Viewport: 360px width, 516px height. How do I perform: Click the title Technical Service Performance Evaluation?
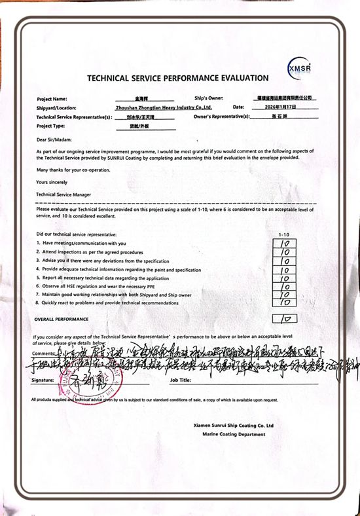click(177, 79)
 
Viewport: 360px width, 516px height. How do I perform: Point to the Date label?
click(238, 106)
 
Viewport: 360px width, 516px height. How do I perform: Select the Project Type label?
click(51, 125)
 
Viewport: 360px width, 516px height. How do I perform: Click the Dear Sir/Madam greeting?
click(54, 139)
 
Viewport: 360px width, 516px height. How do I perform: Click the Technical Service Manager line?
click(63, 194)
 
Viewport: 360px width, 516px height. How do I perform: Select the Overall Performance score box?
click(285, 318)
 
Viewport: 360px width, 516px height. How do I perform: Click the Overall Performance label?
click(62, 318)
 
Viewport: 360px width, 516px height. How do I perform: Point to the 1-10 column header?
click(283, 234)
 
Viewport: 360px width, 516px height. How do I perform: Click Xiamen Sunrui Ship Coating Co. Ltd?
click(234, 426)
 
